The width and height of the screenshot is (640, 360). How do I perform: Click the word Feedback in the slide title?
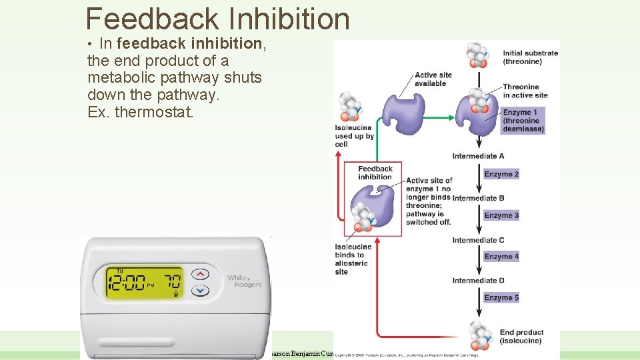point(153,19)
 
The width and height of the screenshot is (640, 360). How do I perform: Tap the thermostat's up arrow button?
point(200,274)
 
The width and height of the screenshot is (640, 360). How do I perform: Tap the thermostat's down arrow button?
point(200,291)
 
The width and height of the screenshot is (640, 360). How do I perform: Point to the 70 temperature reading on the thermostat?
point(173,280)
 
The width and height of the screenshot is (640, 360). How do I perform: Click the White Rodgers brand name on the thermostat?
point(244,281)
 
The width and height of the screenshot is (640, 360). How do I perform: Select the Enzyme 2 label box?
point(501,174)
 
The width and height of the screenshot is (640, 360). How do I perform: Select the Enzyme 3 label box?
point(501,215)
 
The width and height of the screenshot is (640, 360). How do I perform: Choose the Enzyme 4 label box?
point(501,257)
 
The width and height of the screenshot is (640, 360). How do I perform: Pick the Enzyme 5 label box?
point(501,298)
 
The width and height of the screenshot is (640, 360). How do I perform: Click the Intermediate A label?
point(478,156)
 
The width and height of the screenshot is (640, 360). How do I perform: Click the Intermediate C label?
point(478,240)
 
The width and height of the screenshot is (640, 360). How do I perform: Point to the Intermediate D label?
point(478,281)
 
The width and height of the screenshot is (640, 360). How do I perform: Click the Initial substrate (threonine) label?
point(530,57)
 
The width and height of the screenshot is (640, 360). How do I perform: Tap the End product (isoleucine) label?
point(521,337)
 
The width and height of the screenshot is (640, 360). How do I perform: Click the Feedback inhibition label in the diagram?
point(375,173)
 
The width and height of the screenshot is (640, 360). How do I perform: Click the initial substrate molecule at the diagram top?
point(477,55)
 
